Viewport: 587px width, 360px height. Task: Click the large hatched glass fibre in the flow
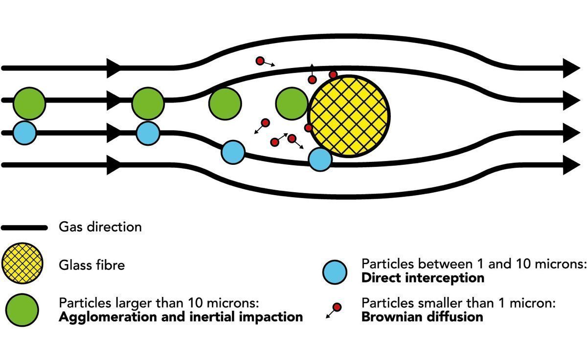(349, 116)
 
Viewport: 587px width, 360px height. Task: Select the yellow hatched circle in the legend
(23, 264)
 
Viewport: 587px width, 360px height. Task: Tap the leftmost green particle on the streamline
(29, 103)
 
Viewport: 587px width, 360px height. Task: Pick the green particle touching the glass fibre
(292, 103)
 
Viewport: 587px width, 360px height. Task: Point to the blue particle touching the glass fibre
(320, 159)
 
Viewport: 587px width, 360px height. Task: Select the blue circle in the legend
(335, 271)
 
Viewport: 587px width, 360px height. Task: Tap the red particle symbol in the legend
(336, 308)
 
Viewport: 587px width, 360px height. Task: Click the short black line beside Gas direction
(24, 227)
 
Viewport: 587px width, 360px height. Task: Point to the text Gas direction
(100, 227)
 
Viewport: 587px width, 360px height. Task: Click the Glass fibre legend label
(91, 265)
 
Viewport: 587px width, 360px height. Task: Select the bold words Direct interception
(423, 278)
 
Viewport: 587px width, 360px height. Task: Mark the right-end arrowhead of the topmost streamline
(570, 67)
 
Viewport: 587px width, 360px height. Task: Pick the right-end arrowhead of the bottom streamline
(570, 164)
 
